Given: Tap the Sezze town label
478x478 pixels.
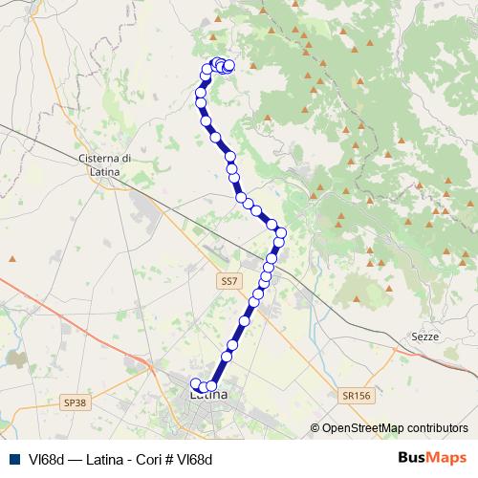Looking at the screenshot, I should pyautogui.click(x=424, y=337).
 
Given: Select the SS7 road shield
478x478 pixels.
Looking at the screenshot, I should pyautogui.click(x=227, y=281).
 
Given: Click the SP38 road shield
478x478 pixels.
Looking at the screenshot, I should pyautogui.click(x=75, y=403).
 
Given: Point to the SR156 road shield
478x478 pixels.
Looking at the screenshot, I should pyautogui.click(x=354, y=395).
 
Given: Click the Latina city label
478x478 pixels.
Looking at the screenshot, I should pyautogui.click(x=208, y=394).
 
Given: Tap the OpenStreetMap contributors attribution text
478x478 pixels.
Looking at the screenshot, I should pyautogui.click(x=395, y=428).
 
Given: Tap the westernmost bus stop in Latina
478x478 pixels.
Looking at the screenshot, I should pyautogui.click(x=196, y=384).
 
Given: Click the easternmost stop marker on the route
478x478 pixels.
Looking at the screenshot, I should pyautogui.click(x=281, y=232).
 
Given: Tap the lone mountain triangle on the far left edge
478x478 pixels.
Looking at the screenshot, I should pyautogui.click(x=12, y=258).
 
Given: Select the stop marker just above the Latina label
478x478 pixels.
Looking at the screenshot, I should pyautogui.click(x=212, y=386).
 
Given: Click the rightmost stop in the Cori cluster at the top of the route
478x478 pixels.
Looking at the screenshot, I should pyautogui.click(x=229, y=66).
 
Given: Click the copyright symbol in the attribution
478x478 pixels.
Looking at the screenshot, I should pyautogui.click(x=315, y=428).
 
